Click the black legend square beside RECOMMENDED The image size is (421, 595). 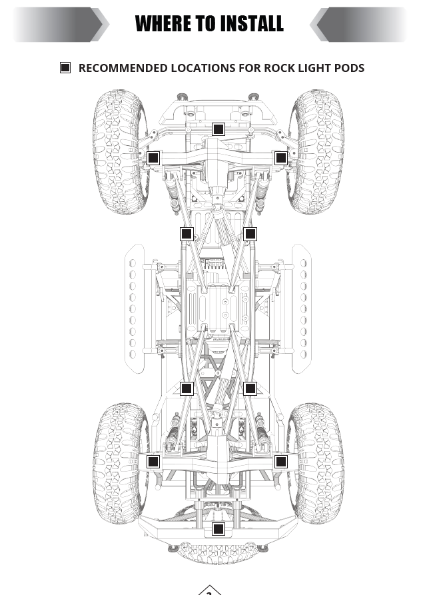65,68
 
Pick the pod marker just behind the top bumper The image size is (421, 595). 218,129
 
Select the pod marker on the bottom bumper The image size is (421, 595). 218,529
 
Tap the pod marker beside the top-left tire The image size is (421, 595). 153,158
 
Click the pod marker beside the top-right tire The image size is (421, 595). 281,158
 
